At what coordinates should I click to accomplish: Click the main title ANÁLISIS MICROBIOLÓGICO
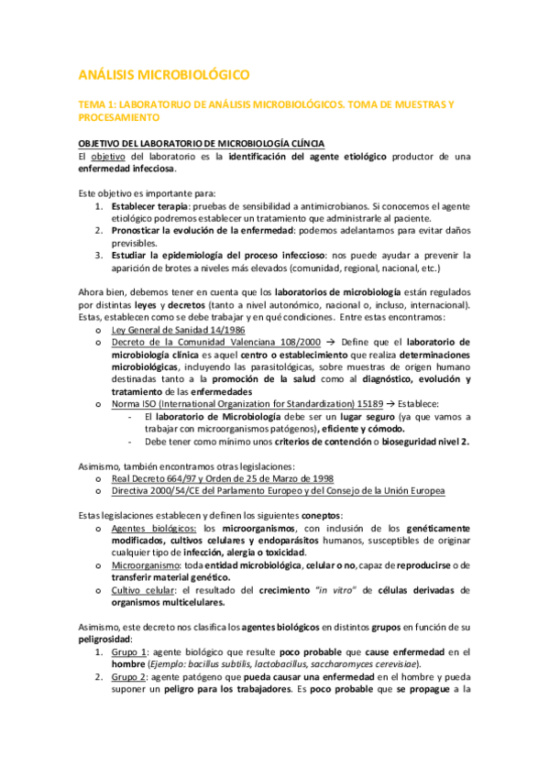pyautogui.click(x=163, y=73)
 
